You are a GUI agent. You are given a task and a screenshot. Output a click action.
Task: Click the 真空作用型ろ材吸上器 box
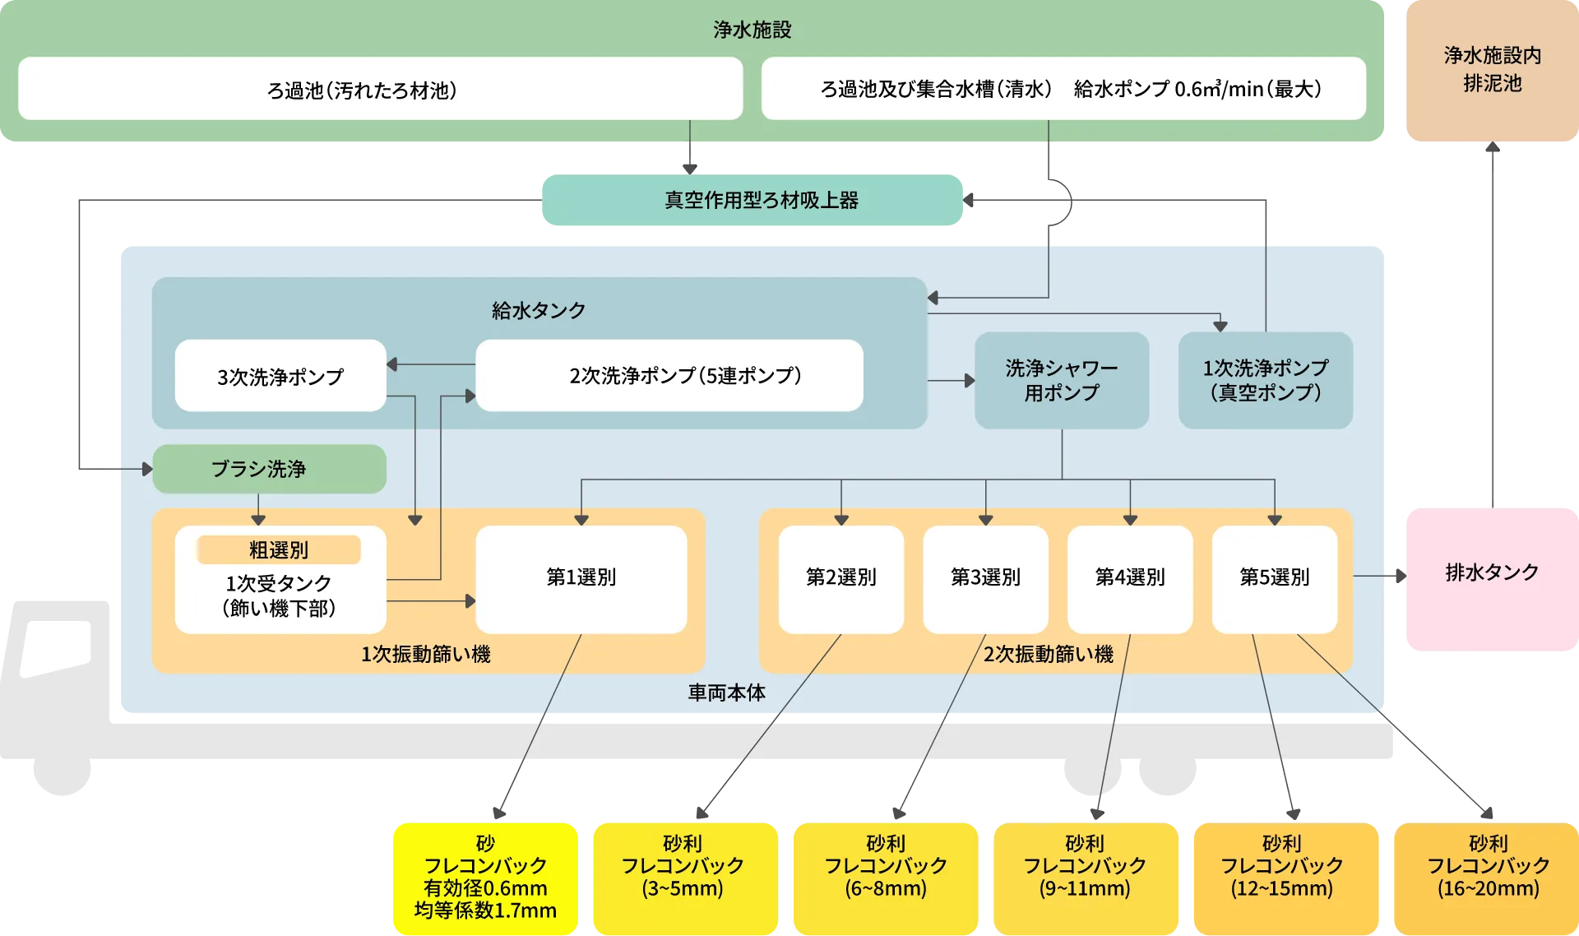pyautogui.click(x=752, y=201)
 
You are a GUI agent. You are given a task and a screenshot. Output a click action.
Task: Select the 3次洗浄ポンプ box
pyautogui.click(x=280, y=376)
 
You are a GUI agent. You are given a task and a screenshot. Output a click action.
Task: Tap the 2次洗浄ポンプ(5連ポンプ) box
pyautogui.click(x=669, y=376)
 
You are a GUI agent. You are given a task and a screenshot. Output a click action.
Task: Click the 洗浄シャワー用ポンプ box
pyautogui.click(x=1061, y=380)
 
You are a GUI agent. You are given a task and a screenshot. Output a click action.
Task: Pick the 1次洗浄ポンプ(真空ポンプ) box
pyautogui.click(x=1265, y=380)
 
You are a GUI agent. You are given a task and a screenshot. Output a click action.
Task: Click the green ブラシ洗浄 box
pyautogui.click(x=269, y=469)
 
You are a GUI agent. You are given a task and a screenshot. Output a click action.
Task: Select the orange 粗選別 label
pyautogui.click(x=279, y=549)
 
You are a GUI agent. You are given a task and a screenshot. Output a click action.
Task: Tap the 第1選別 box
pyautogui.click(x=581, y=578)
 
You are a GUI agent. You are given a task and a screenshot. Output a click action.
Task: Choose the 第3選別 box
pyautogui.click(x=985, y=578)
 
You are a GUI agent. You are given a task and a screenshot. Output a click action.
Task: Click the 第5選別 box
pyautogui.click(x=1274, y=578)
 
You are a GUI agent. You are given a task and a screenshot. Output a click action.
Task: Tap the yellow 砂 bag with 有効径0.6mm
pyautogui.click(x=485, y=878)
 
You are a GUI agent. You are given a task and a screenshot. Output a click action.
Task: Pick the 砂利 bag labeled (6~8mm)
pyautogui.click(x=886, y=878)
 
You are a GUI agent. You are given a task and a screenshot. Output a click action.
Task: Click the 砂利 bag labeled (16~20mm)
pyautogui.click(x=1487, y=878)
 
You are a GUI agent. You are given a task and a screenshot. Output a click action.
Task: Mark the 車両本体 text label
pyautogui.click(x=726, y=693)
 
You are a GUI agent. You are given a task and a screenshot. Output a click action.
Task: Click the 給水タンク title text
pyautogui.click(x=539, y=310)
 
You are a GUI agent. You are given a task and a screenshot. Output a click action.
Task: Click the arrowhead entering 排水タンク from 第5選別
pyautogui.click(x=1397, y=576)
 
